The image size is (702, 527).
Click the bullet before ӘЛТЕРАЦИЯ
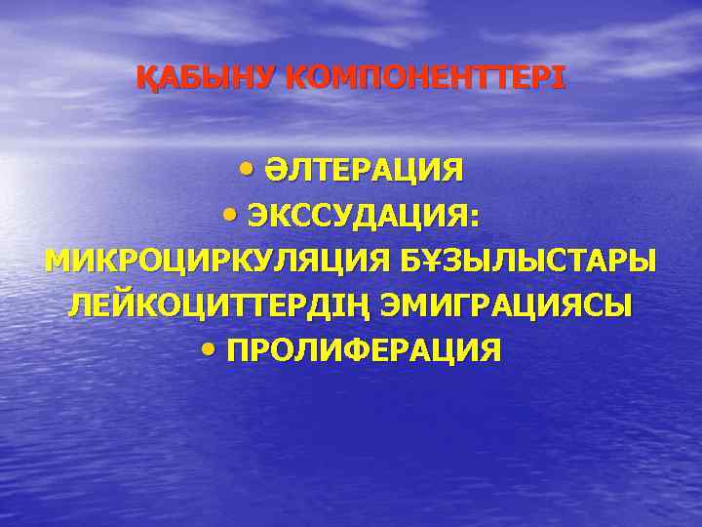pyautogui.click(x=245, y=170)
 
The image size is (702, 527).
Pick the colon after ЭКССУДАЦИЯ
pyautogui.click(x=475, y=218)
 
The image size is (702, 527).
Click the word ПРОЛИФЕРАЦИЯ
pyautogui.click(x=364, y=350)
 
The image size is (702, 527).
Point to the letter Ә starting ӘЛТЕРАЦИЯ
pyautogui.click(x=274, y=172)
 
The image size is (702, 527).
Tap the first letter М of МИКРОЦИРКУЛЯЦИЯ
pyautogui.click(x=58, y=262)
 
